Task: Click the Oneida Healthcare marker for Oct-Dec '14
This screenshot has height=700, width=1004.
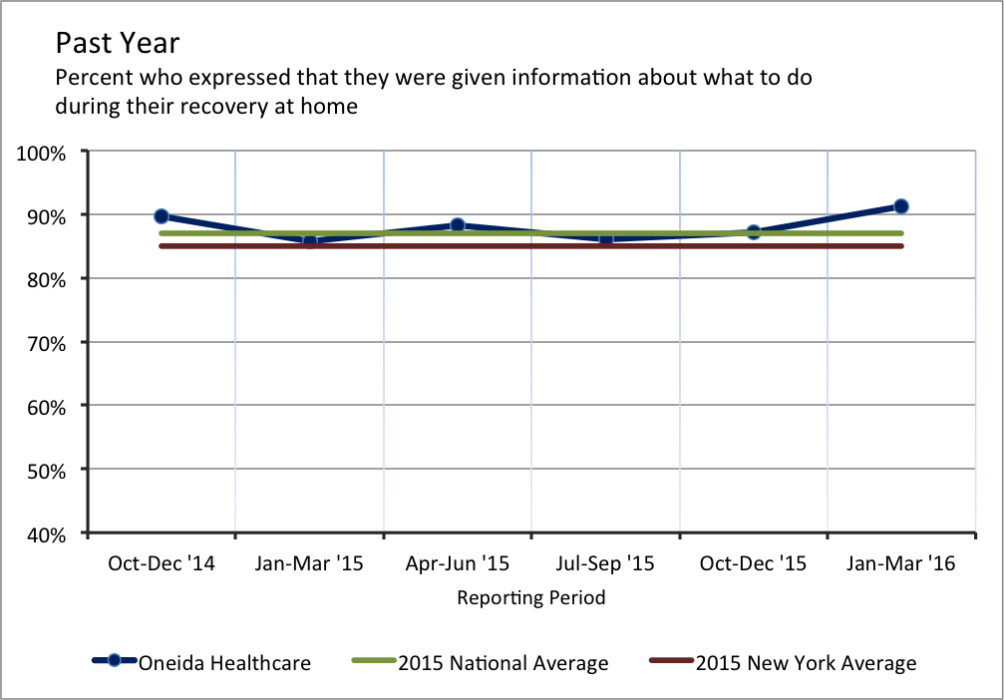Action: [162, 216]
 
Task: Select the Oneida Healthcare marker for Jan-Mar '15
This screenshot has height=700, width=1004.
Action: [309, 240]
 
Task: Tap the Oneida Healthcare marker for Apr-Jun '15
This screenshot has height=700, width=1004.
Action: [458, 225]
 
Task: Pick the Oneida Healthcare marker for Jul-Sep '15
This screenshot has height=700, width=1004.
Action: [605, 238]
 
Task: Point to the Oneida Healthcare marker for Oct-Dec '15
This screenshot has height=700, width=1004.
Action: [754, 232]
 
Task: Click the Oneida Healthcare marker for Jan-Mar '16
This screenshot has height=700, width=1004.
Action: [901, 206]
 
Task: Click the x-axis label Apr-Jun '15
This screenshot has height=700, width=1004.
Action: [458, 564]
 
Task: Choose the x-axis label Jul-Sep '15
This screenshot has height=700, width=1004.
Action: [605, 564]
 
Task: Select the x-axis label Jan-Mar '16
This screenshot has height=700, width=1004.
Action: [901, 564]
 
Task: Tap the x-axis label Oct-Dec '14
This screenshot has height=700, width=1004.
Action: [162, 564]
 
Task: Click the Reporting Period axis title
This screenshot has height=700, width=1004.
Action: [531, 598]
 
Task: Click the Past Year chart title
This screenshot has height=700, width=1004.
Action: [117, 44]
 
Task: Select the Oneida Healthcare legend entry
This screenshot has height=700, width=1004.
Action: [224, 662]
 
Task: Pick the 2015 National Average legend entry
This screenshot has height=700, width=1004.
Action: [502, 662]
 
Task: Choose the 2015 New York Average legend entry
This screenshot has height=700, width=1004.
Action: [805, 662]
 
